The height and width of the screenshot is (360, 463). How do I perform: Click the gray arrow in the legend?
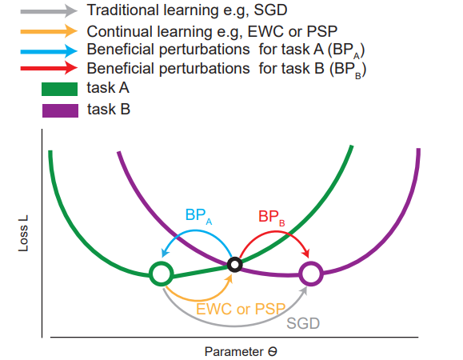pos(49,11)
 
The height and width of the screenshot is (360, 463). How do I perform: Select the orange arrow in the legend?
pos(49,31)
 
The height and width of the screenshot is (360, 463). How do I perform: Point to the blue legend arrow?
pos(49,51)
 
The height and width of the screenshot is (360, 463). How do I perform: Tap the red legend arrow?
pos(49,68)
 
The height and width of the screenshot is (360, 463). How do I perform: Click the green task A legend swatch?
pos(60,89)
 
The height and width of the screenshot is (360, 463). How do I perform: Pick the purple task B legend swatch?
pos(60,110)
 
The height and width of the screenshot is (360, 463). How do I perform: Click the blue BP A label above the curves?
pos(198,216)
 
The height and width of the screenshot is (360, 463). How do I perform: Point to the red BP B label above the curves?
pos(271,218)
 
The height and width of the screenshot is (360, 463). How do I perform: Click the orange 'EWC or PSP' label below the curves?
pos(241,310)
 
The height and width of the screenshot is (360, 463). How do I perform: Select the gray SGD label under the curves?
pos(303,323)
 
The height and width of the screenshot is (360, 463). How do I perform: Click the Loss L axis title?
pos(23,234)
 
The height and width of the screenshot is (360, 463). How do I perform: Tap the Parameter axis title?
pos(241,351)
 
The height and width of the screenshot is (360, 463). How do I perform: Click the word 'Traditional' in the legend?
pos(123,10)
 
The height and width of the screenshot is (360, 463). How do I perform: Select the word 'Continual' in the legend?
pos(120,31)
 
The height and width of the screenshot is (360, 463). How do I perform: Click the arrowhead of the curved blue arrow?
pos(165,253)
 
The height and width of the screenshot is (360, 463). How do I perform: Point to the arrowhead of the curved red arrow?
pos(306,253)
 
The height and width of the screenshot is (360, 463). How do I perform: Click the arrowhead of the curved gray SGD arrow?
pos(304,290)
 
